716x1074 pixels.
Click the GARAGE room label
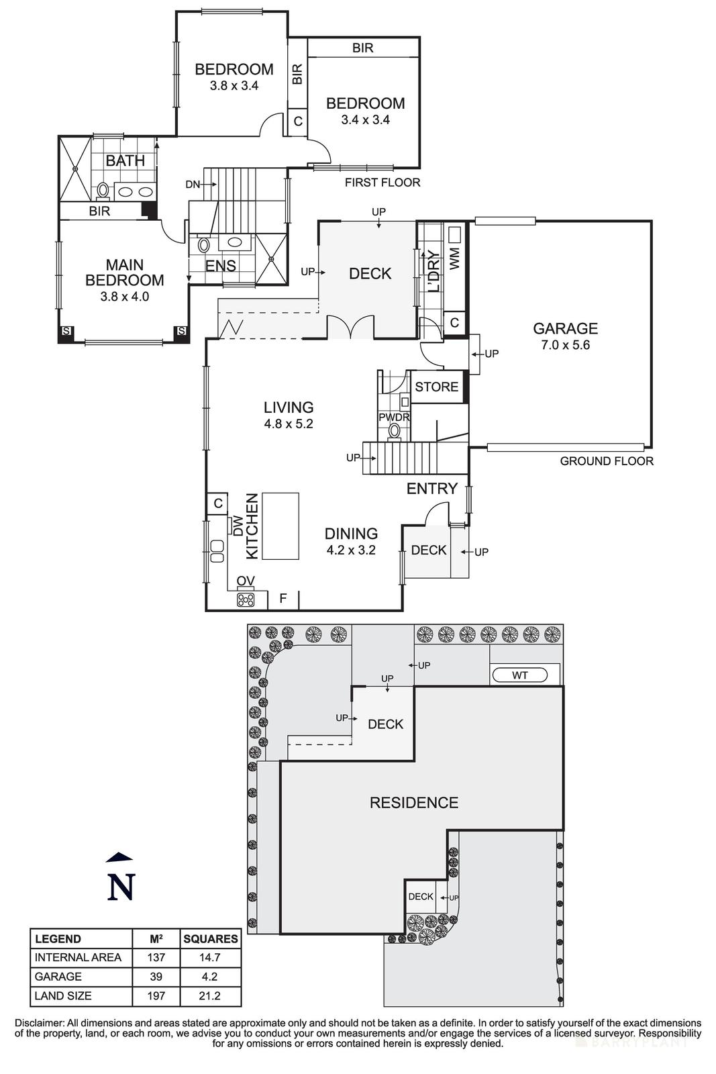(x=565, y=328)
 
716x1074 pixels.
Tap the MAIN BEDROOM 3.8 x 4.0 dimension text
(x=125, y=296)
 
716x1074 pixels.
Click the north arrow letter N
(x=121, y=887)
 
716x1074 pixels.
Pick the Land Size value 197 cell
(x=156, y=995)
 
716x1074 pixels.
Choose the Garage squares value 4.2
(x=210, y=977)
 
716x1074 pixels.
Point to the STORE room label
(x=437, y=387)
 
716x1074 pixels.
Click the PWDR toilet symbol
(x=395, y=431)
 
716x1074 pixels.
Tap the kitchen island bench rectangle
(x=280, y=526)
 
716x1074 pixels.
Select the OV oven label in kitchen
(x=246, y=581)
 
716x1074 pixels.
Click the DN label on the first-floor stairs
(x=193, y=185)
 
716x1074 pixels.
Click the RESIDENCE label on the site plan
(x=414, y=803)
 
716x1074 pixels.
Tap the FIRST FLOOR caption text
(x=382, y=183)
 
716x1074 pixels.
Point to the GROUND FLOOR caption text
(x=607, y=461)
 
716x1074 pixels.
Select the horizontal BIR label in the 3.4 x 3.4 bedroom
(x=362, y=48)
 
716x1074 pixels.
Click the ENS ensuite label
(x=220, y=266)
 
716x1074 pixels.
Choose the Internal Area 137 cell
(x=156, y=957)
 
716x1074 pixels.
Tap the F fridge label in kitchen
(x=283, y=597)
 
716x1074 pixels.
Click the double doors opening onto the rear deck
(x=350, y=328)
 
